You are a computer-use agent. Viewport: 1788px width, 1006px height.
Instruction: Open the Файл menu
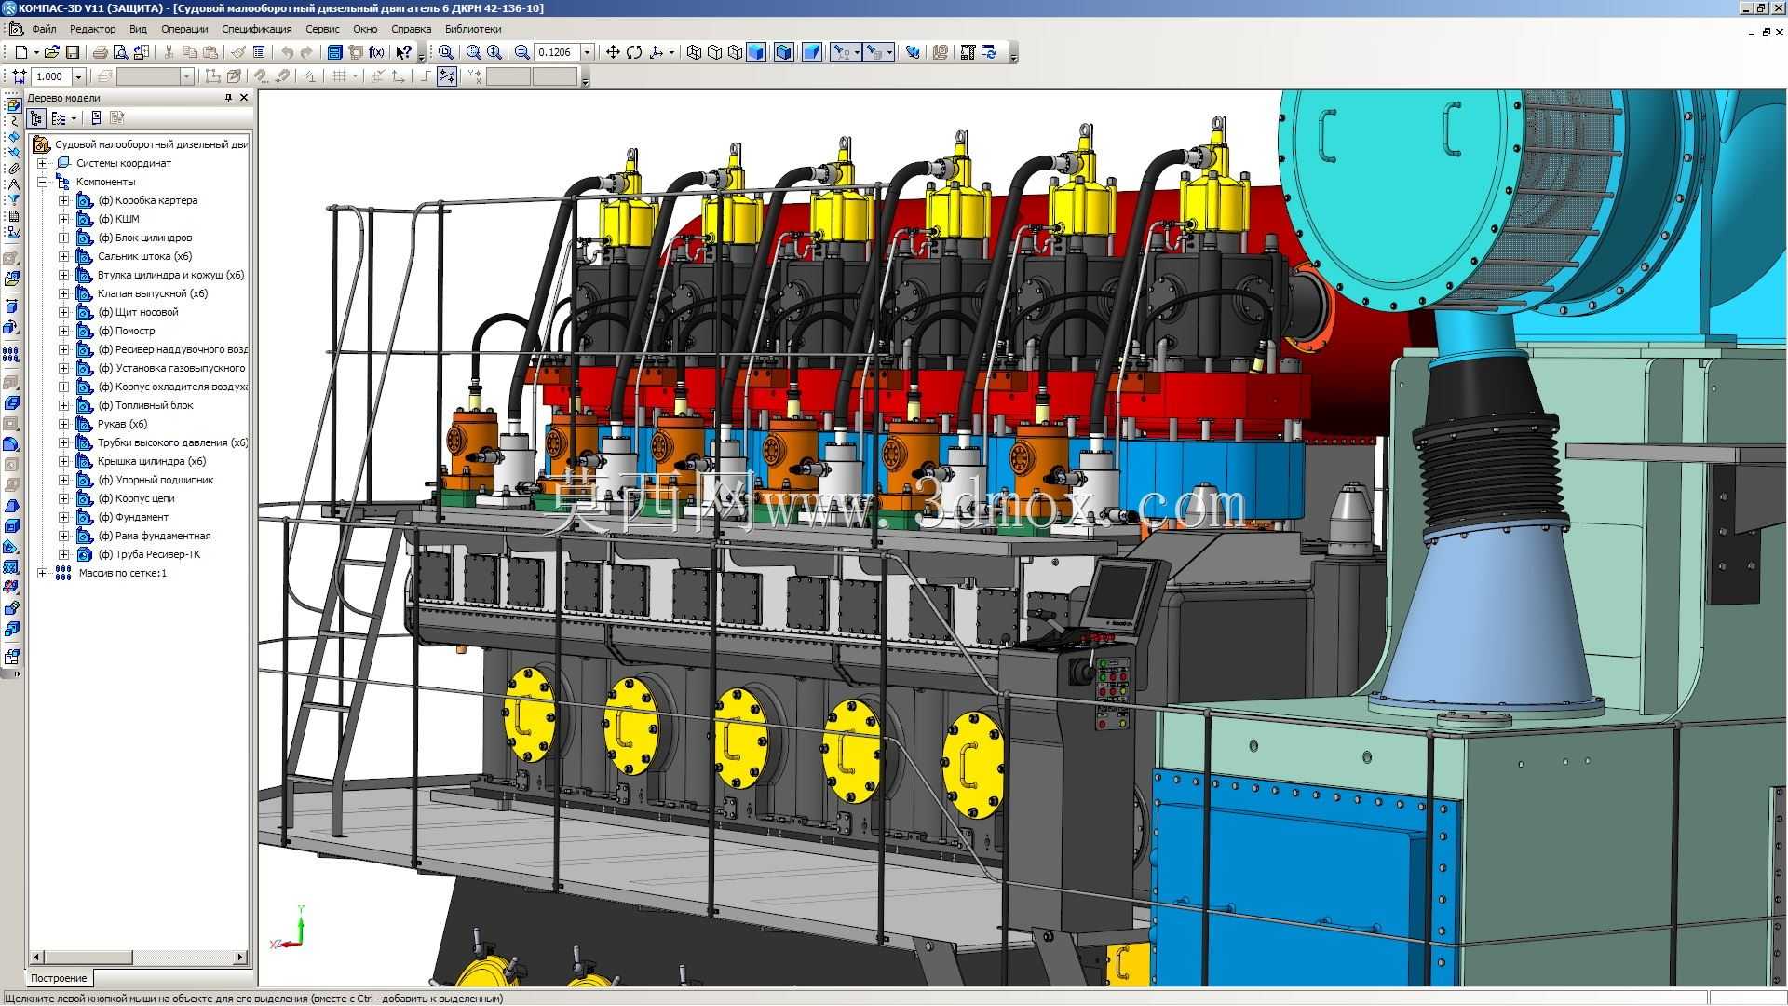pyautogui.click(x=44, y=29)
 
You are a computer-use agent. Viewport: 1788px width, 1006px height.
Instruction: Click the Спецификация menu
pyautogui.click(x=257, y=29)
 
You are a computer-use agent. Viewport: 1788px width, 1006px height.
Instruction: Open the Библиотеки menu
pyautogui.click(x=473, y=29)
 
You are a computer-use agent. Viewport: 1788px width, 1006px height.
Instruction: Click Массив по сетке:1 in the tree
pyautogui.click(x=123, y=573)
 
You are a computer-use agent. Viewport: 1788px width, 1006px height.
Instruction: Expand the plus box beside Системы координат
pyautogui.click(x=42, y=163)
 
